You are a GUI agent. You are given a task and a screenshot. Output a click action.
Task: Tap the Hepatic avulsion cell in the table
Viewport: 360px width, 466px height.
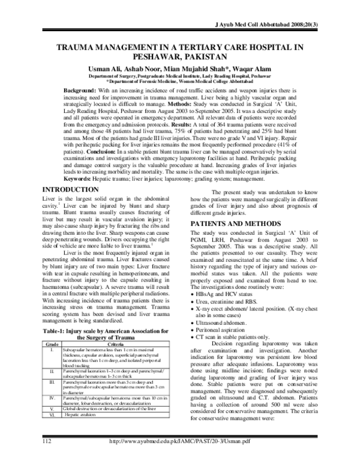[x=81, y=432]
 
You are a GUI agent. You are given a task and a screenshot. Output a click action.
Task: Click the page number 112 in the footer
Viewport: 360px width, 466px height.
[x=43, y=458]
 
